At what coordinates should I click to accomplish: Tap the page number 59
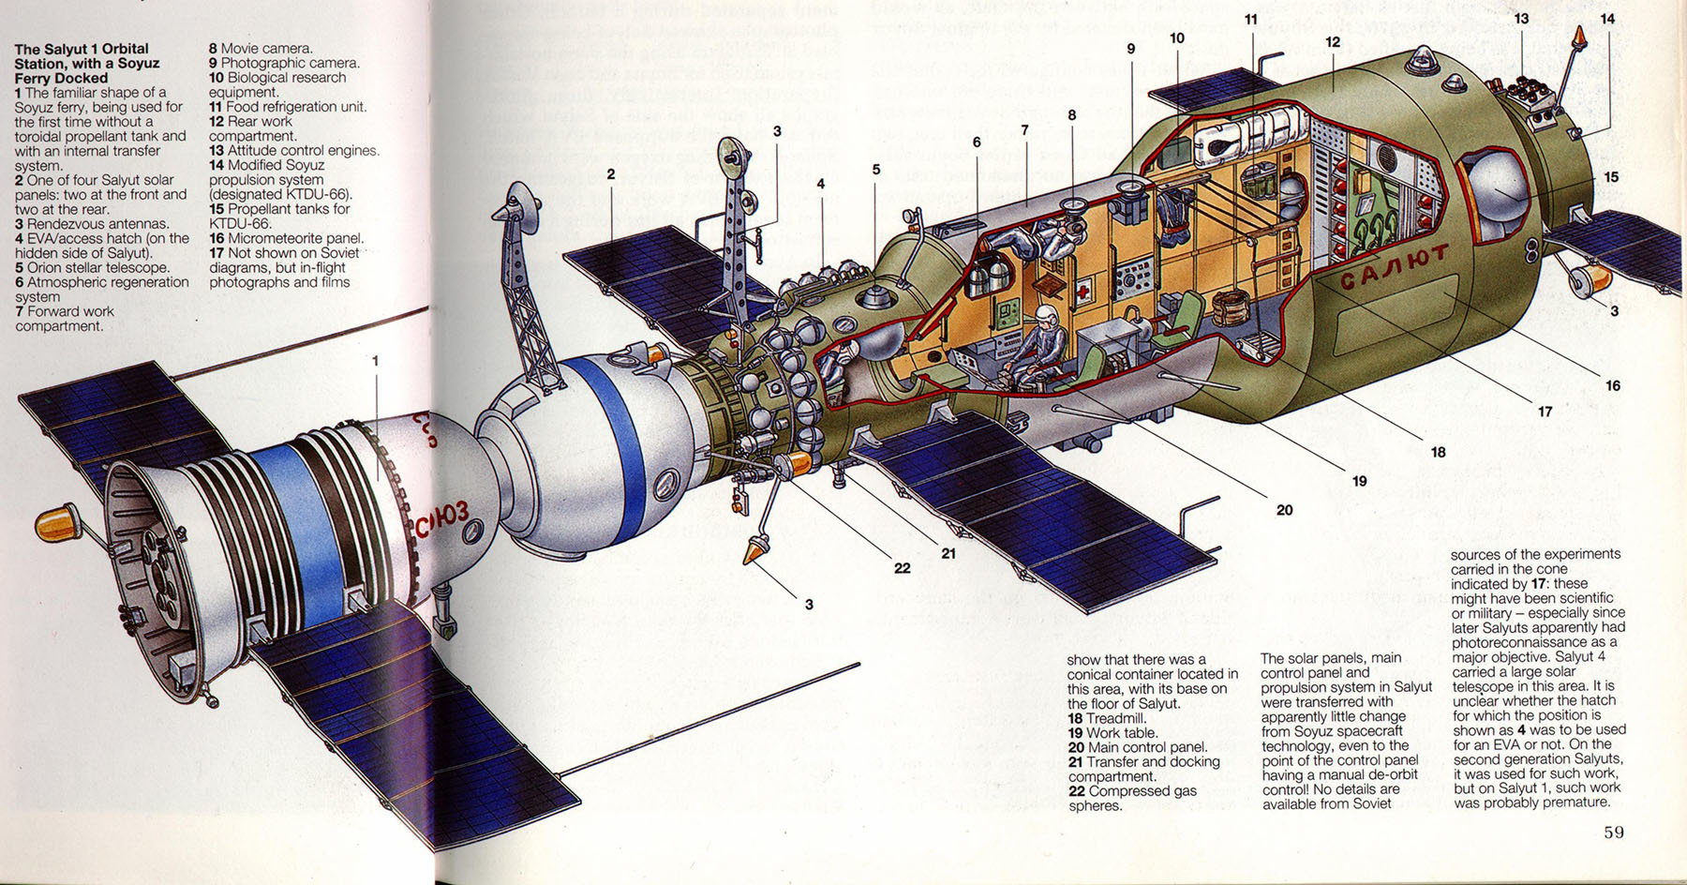(1613, 832)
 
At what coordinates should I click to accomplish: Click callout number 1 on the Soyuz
(376, 361)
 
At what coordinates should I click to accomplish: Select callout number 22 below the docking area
(902, 568)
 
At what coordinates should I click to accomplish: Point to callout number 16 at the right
(1612, 385)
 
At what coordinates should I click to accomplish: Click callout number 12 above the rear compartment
(1333, 42)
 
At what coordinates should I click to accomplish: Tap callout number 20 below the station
(1284, 510)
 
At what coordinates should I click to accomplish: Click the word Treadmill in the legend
(1115, 718)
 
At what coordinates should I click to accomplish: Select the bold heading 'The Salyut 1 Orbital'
(82, 49)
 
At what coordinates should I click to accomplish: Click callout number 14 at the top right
(1607, 19)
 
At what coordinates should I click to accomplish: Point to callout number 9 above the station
(1131, 49)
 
